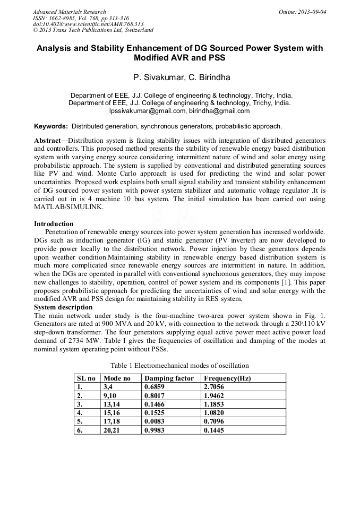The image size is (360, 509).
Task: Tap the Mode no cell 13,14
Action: [x=113, y=404]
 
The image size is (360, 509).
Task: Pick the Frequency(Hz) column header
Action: [x=227, y=378]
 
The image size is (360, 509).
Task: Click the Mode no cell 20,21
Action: [x=113, y=430]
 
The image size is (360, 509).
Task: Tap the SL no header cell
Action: [x=87, y=378]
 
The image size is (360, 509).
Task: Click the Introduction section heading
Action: [x=54, y=223]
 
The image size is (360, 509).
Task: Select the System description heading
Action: [x=63, y=307]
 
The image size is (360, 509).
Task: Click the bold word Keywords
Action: [x=51, y=126]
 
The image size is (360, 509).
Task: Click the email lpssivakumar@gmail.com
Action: [x=147, y=111]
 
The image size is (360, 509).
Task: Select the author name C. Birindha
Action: [x=206, y=77]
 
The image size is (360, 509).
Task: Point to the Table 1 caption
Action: [x=179, y=365]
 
